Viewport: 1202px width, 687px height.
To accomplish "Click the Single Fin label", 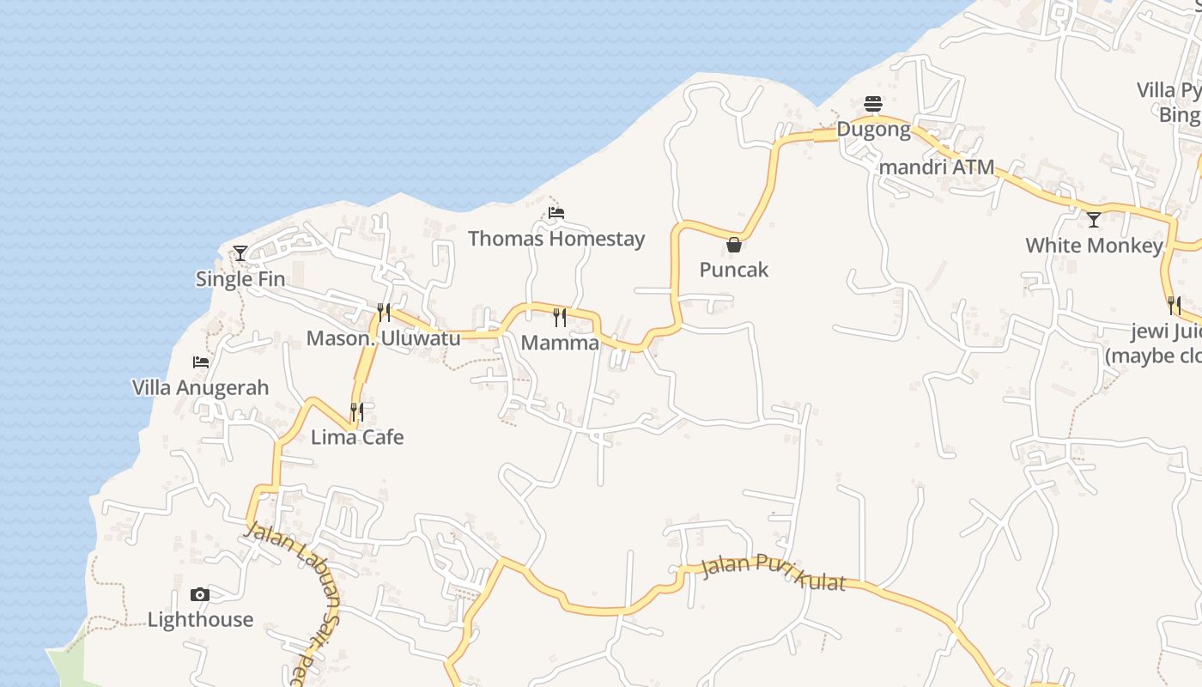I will pyautogui.click(x=240, y=279).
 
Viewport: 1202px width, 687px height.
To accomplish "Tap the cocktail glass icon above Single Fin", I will pyautogui.click(x=240, y=253).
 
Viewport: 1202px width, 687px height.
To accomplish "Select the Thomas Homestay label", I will pyautogui.click(x=556, y=239).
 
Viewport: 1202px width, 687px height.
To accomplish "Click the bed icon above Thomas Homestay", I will pyautogui.click(x=556, y=213).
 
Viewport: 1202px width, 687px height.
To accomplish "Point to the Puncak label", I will pyautogui.click(x=734, y=271).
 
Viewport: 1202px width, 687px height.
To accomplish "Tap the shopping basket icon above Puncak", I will pyautogui.click(x=734, y=245).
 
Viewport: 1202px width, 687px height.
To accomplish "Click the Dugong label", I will pyautogui.click(x=873, y=130).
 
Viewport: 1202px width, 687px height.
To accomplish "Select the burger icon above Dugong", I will pyautogui.click(x=873, y=105).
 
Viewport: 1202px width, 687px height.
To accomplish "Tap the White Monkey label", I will pyautogui.click(x=1094, y=246).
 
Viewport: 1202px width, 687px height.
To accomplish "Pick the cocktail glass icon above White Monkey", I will pyautogui.click(x=1094, y=220).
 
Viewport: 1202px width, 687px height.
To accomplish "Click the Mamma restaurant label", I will pyautogui.click(x=560, y=343).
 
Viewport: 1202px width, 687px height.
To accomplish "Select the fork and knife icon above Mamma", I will pyautogui.click(x=560, y=318).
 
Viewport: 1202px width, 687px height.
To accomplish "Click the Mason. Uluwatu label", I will pyautogui.click(x=384, y=338).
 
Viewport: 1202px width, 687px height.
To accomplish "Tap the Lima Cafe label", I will pyautogui.click(x=357, y=437).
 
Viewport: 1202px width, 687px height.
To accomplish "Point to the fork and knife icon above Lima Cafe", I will pyautogui.click(x=357, y=412).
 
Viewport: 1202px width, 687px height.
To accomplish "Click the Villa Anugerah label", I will pyautogui.click(x=201, y=388).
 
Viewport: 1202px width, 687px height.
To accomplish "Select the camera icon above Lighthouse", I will pyautogui.click(x=200, y=595).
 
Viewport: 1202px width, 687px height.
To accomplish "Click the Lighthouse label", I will pyautogui.click(x=200, y=620).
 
